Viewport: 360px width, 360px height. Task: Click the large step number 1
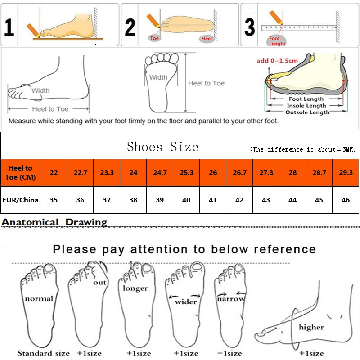tap(9, 27)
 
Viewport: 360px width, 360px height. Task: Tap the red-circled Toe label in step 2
tap(155, 39)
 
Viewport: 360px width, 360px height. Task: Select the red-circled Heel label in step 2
tap(207, 39)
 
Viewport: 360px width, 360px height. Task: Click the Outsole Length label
tap(307, 112)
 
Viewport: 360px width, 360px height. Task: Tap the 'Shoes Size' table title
tap(162, 147)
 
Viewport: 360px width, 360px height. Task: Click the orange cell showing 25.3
tap(186, 173)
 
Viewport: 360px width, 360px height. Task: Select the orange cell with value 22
tap(54, 173)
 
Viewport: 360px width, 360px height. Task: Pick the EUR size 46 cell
tap(346, 200)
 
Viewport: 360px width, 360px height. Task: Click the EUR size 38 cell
tap(133, 200)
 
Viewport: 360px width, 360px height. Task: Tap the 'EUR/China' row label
tap(20, 200)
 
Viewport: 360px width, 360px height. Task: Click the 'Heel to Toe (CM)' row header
tap(20, 173)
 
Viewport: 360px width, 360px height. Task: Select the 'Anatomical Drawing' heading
tap(54, 222)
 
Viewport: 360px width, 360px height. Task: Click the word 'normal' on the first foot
tap(39, 298)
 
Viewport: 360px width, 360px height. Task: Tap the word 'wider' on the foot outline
tap(186, 301)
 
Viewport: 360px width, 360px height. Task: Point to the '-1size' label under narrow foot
tap(229, 353)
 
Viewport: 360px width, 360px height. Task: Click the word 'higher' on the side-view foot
tap(311, 327)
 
